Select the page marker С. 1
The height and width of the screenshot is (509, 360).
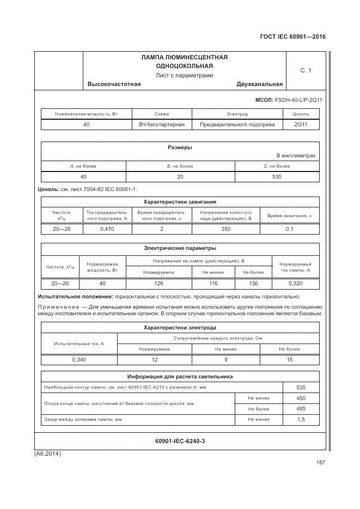[x=306, y=71]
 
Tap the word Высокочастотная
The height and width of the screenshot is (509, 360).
[x=114, y=84]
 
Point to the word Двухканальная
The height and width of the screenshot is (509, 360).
[x=259, y=84]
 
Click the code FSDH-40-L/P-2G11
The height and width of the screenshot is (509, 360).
[x=298, y=100]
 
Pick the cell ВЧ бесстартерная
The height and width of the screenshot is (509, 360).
[x=162, y=125]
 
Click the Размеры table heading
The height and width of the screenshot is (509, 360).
[x=179, y=148]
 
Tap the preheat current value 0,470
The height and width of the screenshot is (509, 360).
[x=107, y=229]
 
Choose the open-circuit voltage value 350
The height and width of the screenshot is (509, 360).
[x=225, y=229]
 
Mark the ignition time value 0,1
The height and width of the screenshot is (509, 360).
[x=289, y=229]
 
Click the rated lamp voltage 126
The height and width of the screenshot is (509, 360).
[x=158, y=284]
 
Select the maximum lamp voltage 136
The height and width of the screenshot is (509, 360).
[x=253, y=284]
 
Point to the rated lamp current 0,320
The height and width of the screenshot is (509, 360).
[x=295, y=284]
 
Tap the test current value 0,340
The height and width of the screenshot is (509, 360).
[x=79, y=360]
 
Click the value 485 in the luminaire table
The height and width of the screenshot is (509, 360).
[x=301, y=408]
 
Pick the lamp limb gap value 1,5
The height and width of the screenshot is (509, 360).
[x=301, y=420]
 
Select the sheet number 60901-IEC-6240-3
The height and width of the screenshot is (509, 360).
[x=180, y=441]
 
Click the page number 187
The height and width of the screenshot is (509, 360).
[x=320, y=463]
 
